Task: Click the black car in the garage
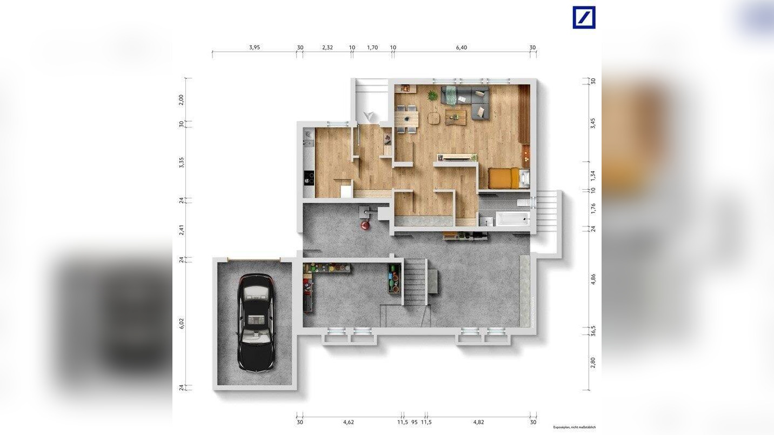255,322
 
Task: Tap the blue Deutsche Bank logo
584,17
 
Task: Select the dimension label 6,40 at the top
461,48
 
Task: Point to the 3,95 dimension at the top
255,48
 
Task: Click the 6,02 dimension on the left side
182,323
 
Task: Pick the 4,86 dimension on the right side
593,279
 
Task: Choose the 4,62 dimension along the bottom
349,422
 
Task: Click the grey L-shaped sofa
467,101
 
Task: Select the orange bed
504,177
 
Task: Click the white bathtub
512,219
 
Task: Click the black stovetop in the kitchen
308,177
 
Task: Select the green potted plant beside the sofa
432,96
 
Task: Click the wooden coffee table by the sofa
456,117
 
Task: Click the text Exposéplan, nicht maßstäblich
575,427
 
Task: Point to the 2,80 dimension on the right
593,362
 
